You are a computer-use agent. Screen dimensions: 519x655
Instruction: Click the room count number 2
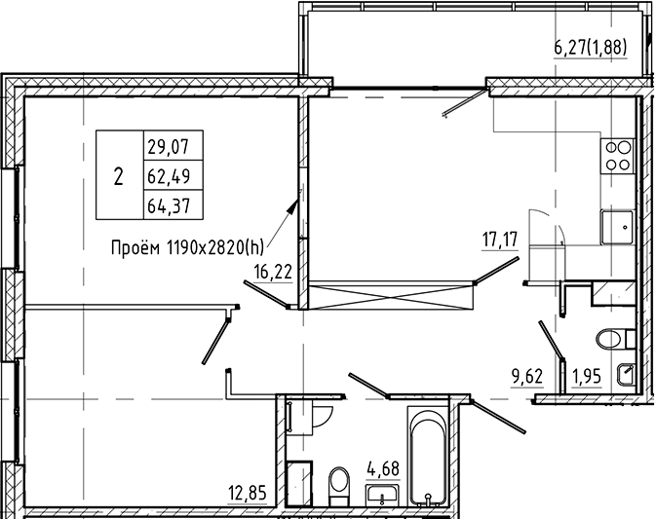click(119, 177)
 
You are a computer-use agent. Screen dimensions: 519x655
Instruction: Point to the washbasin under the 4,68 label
click(381, 496)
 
